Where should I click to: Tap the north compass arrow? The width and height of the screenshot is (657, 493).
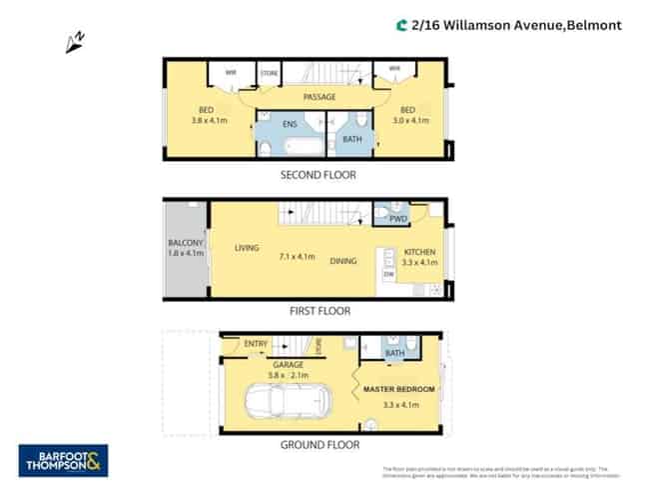click(74, 41)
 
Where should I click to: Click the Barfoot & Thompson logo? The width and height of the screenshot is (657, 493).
click(64, 460)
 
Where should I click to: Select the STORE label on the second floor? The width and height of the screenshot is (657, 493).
click(269, 74)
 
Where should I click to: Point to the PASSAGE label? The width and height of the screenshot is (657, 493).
click(320, 97)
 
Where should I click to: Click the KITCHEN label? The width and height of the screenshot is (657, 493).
click(419, 252)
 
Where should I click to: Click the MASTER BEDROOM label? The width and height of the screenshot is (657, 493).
click(399, 388)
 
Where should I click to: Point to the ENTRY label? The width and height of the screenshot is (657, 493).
click(257, 345)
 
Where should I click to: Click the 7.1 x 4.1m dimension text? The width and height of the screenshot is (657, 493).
click(298, 257)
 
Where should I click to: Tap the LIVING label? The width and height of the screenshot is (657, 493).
click(247, 248)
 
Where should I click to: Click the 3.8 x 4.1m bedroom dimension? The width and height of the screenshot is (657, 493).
click(210, 121)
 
